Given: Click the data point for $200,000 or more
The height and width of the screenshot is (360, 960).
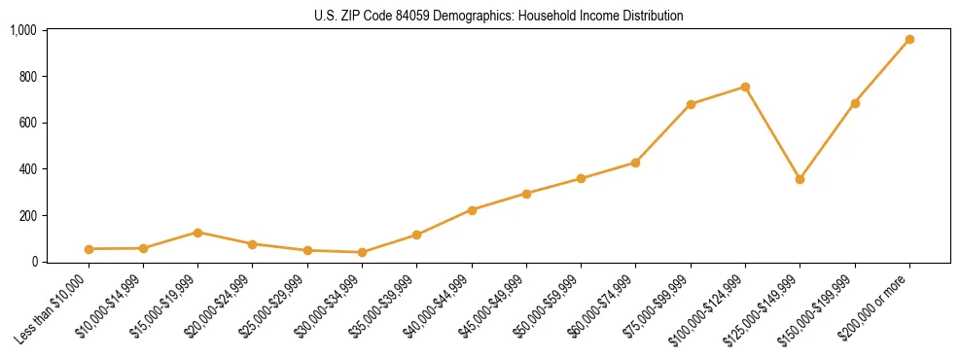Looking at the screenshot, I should pyautogui.click(x=909, y=40).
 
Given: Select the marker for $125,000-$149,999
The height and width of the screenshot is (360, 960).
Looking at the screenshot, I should pyautogui.click(x=800, y=179).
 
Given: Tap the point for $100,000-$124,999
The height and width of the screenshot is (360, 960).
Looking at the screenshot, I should pyautogui.click(x=745, y=87).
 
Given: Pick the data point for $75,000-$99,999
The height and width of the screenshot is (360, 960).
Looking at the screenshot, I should pyautogui.click(x=691, y=104).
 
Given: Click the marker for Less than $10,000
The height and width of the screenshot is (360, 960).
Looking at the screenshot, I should pyautogui.click(x=89, y=249).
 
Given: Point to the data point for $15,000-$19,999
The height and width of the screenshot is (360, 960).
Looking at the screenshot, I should pyautogui.click(x=197, y=233).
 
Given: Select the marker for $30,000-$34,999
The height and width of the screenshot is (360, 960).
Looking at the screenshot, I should pyautogui.click(x=362, y=252).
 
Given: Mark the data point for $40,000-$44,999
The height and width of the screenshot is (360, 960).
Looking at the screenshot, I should pyautogui.click(x=472, y=210).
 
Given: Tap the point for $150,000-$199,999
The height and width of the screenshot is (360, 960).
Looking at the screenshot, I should pyautogui.click(x=855, y=103).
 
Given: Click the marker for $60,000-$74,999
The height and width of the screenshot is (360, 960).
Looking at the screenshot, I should pyautogui.click(x=635, y=162).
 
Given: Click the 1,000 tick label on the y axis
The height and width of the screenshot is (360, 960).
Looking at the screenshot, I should pyautogui.click(x=23, y=30).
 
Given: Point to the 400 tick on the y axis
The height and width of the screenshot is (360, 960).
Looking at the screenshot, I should pyautogui.click(x=27, y=169).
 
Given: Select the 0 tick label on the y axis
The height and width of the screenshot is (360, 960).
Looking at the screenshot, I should pyautogui.click(x=34, y=262).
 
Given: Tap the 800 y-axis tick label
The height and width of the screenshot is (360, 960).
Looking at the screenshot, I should pyautogui.click(x=27, y=77).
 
